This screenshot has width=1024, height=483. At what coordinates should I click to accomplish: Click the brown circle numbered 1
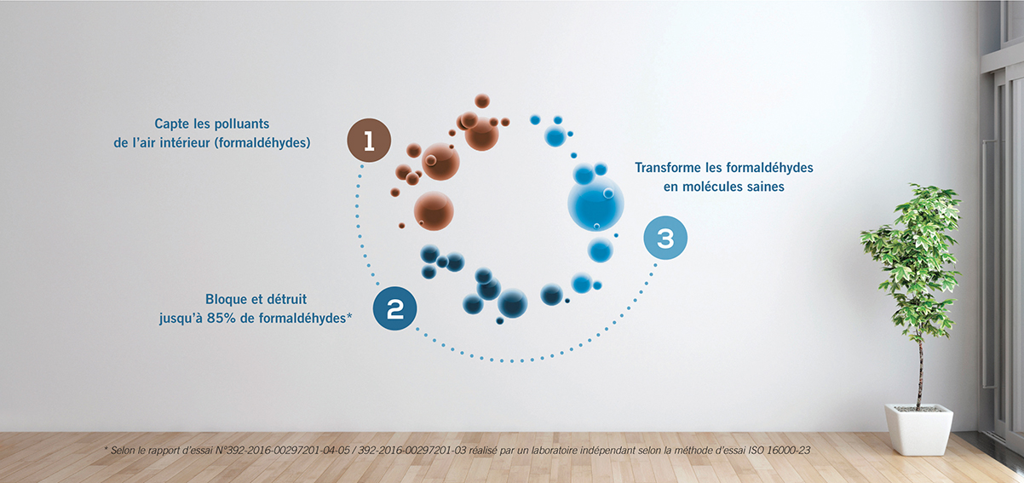(369, 141)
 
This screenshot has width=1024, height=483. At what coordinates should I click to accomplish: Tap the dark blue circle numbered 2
(395, 308)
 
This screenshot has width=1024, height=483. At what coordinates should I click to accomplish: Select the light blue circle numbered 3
(665, 238)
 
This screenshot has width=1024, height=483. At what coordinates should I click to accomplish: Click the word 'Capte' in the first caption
(171, 124)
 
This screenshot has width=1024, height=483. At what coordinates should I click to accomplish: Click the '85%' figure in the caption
(221, 318)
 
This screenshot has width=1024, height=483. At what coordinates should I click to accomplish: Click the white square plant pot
(919, 429)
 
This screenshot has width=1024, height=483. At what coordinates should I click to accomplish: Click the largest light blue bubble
(595, 204)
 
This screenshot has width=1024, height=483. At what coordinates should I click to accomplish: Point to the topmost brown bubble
(482, 101)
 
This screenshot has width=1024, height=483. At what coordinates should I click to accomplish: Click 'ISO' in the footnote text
(756, 451)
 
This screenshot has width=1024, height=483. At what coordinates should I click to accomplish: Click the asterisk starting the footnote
(106, 449)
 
